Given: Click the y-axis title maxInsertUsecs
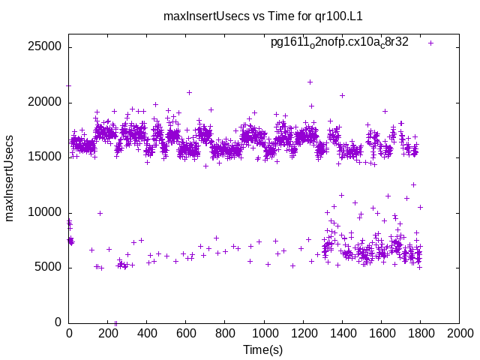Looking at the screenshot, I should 10,178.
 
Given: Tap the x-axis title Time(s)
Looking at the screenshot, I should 262,350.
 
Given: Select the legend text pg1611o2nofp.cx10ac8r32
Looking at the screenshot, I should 339,42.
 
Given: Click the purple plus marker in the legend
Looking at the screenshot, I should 430,43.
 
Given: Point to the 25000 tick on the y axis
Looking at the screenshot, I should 46,46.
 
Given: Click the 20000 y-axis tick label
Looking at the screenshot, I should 46,102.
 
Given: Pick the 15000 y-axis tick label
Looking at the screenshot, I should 46,157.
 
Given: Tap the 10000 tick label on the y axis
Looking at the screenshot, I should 46,212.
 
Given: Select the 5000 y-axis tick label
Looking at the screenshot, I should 49,268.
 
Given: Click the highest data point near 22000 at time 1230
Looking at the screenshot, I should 310,82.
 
